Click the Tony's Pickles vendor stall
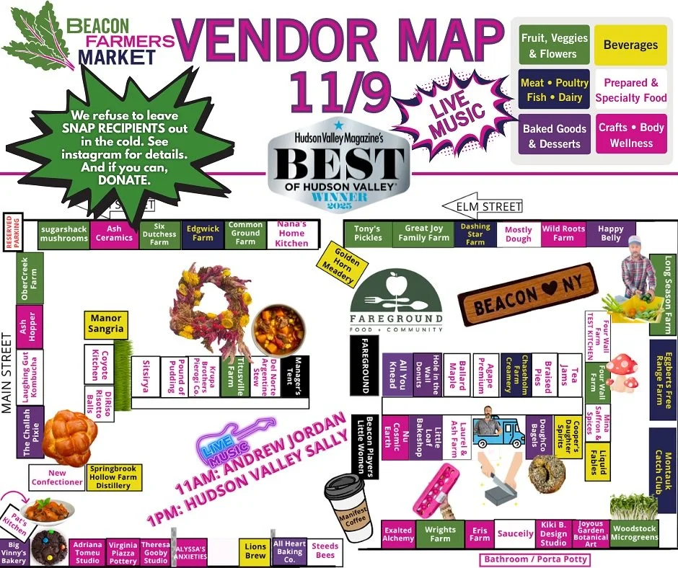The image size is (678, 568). [368, 234]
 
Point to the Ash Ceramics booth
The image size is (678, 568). [114, 234]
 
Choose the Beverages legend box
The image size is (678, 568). [630, 45]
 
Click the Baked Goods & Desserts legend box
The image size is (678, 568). [555, 136]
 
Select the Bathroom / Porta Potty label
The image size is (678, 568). [536, 559]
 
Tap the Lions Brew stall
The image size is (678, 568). [255, 551]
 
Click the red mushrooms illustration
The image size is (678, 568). [620, 373]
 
